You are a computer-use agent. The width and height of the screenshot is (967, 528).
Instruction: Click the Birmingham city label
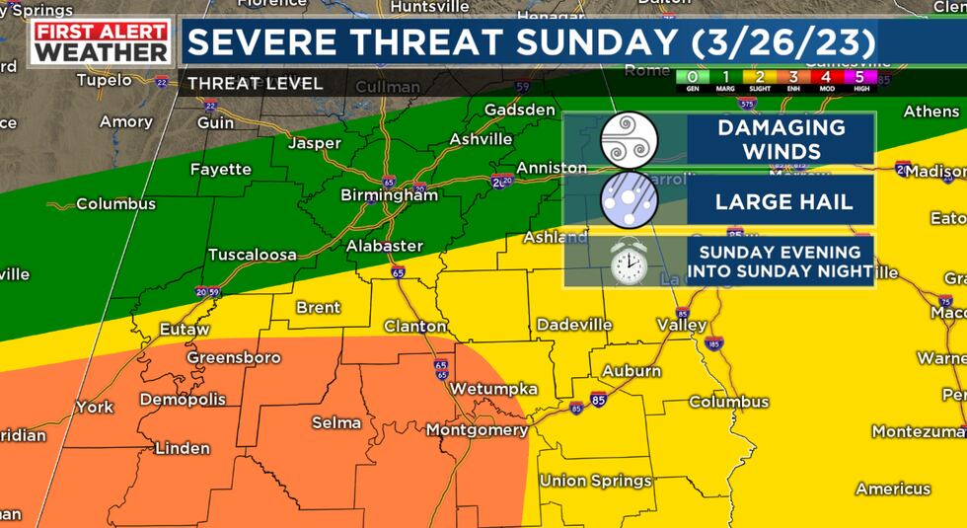389,195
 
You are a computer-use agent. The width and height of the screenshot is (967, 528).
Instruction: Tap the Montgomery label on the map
477,430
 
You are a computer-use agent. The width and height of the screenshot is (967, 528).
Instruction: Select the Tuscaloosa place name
253,255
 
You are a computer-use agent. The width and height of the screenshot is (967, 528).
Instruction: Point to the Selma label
336,422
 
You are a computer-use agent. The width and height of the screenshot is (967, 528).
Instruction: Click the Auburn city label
632,371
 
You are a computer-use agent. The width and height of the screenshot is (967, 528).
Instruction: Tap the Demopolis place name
183,400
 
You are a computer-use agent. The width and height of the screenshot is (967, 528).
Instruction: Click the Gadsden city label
520,110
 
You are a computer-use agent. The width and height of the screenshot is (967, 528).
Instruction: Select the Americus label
893,489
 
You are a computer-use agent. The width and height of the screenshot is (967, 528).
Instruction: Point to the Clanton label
415,326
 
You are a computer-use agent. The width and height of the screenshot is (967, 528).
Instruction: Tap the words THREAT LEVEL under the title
255,84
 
